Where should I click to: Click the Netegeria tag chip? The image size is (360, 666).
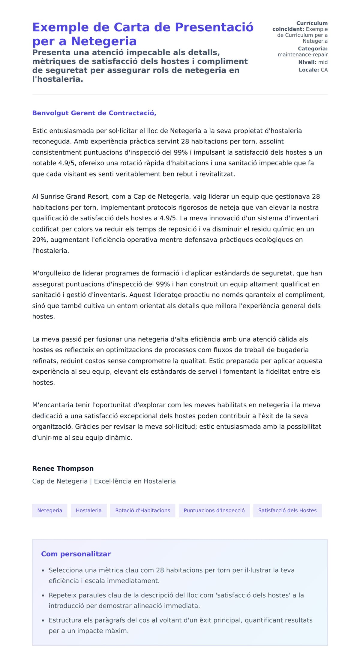(49, 510)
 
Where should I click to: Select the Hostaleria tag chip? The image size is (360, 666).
(88, 510)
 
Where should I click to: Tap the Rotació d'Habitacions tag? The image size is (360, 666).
(142, 510)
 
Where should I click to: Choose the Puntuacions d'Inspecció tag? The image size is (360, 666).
(214, 510)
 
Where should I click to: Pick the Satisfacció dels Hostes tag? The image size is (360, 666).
(287, 510)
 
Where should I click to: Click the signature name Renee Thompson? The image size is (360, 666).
(63, 469)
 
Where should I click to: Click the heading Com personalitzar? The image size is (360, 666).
(76, 554)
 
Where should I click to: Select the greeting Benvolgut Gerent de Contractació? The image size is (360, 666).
(94, 113)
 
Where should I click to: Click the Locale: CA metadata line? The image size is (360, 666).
(313, 70)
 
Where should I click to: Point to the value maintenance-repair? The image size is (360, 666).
(302, 55)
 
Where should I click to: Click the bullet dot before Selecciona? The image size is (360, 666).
(43, 570)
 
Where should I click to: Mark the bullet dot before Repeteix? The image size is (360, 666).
(43, 595)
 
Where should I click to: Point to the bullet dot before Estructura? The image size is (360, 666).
(43, 620)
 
